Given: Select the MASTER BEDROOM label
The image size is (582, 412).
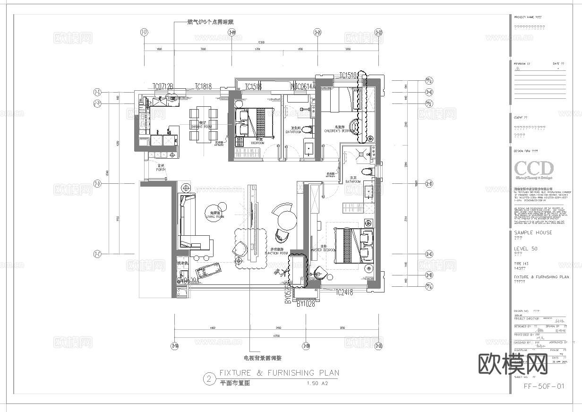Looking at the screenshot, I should click(323, 250).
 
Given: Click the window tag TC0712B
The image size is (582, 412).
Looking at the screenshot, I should click(163, 86).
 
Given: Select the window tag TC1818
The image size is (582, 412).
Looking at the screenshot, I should click(203, 86).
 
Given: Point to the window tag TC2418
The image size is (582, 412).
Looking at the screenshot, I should click(344, 293).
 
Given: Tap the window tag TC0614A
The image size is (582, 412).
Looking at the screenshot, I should click(303, 86).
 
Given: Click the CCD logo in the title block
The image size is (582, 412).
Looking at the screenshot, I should click(533, 169).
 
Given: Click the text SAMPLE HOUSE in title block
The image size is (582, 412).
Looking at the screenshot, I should click(533, 232).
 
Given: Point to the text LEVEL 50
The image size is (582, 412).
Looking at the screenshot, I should click(525, 249).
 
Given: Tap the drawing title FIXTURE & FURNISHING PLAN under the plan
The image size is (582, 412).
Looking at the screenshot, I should click(279, 373).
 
